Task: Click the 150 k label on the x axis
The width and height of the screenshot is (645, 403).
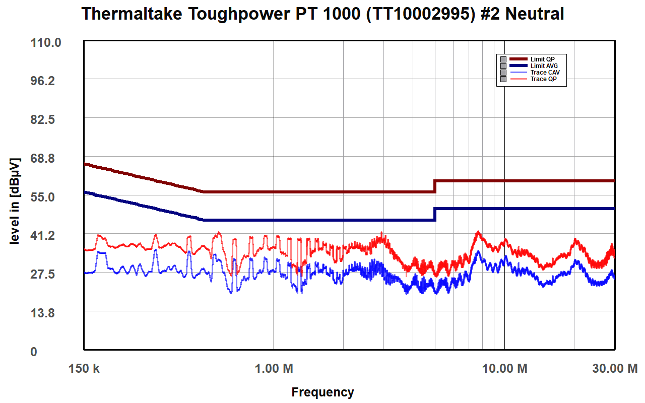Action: tap(84, 369)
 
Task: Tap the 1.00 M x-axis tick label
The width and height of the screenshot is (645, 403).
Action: tap(274, 369)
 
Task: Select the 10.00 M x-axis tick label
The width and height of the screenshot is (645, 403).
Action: tap(505, 369)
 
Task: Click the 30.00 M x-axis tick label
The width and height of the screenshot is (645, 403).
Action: tap(615, 369)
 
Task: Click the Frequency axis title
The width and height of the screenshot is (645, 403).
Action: tap(322, 392)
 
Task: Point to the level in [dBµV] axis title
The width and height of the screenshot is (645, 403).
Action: tap(15, 201)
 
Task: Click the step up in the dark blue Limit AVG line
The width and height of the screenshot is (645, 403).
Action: tap(435, 214)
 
